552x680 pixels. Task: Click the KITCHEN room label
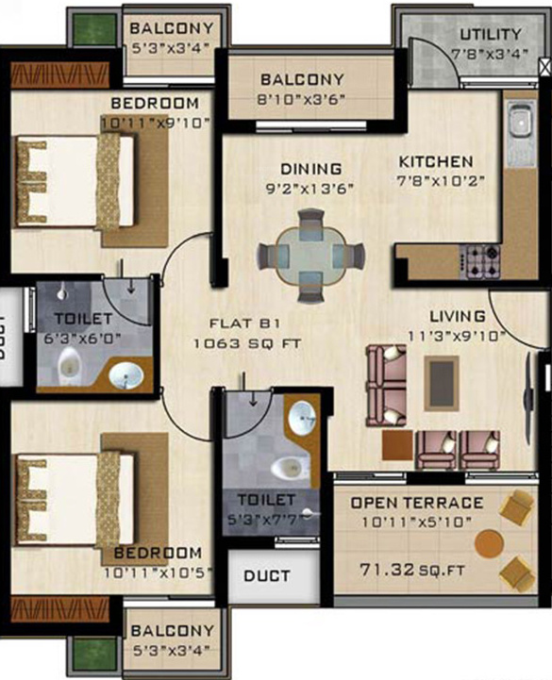434,161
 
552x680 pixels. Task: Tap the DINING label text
309,169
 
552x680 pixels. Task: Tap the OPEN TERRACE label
416,503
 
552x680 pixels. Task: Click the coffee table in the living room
440,380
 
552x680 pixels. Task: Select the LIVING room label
458,316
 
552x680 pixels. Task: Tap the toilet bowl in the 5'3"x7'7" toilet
287,468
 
